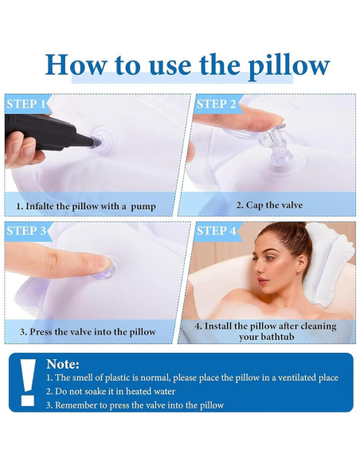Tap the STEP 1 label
pyautogui.click(x=25, y=104)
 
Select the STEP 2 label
pyautogui.click(x=216, y=104)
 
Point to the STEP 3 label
pyautogui.click(x=26, y=232)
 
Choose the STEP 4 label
pyautogui.click(x=216, y=232)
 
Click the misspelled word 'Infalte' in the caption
pyautogui.click(x=44, y=206)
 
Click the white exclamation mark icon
pyautogui.click(x=29, y=381)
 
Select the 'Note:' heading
pyautogui.click(x=63, y=364)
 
